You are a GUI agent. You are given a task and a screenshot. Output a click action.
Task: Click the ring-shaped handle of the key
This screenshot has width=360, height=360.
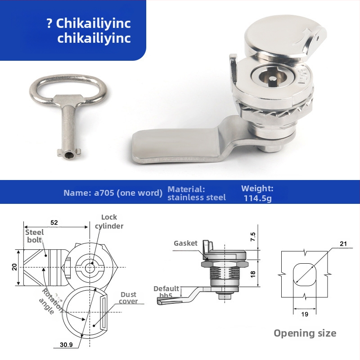tap(68, 77)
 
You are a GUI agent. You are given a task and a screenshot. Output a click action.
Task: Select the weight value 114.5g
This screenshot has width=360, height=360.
tap(257, 198)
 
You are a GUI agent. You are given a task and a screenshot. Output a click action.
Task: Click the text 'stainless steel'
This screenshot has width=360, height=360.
tap(197, 198)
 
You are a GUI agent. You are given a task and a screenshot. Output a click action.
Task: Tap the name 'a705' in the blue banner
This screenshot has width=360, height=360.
tap(104, 193)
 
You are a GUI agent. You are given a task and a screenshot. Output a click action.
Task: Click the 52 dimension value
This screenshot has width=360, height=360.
tap(54, 222)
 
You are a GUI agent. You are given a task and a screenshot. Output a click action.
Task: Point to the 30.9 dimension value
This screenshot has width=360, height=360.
tap(66, 345)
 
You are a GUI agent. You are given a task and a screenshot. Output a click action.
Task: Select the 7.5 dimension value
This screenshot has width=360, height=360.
tap(252, 237)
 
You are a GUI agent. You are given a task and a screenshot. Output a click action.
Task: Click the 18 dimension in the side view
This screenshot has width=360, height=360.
tap(252, 274)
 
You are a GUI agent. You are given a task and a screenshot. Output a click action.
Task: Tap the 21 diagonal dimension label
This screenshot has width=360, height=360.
tap(343, 244)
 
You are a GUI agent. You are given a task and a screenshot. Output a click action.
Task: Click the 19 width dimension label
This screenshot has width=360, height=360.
tap(305, 314)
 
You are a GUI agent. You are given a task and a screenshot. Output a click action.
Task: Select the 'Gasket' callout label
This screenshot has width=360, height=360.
tap(185, 243)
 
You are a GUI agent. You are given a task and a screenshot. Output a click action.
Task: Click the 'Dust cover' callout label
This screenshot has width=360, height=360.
tap(128, 298)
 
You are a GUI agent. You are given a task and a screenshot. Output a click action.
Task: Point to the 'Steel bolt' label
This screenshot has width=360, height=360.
tap(35, 236)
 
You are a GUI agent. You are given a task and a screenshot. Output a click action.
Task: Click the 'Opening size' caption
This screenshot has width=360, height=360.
tap(305, 333)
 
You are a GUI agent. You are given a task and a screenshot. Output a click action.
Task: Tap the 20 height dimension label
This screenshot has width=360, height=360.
tap(14, 267)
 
